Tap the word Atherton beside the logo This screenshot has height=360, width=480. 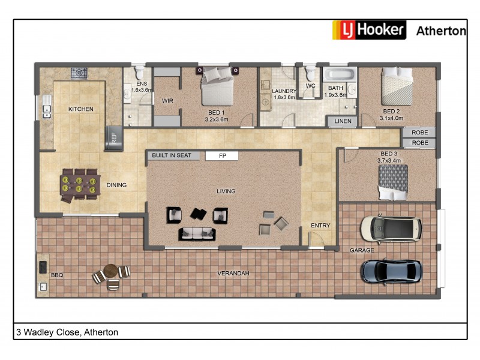[441, 31]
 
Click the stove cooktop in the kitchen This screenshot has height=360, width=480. [79, 73]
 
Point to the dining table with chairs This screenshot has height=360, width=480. [79, 184]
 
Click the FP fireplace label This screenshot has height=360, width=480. [222, 156]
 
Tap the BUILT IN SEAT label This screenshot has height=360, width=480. [172, 155]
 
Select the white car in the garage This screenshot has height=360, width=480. [391, 228]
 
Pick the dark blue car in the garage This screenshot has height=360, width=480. [391, 271]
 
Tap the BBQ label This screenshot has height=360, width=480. [57, 275]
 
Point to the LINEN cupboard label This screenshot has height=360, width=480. [343, 122]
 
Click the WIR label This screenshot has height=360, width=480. [167, 101]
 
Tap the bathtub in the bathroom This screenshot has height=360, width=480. [340, 75]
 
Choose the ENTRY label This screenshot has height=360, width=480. [320, 226]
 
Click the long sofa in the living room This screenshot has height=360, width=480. [196, 233]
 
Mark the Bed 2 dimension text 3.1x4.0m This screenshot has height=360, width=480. [391, 118]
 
